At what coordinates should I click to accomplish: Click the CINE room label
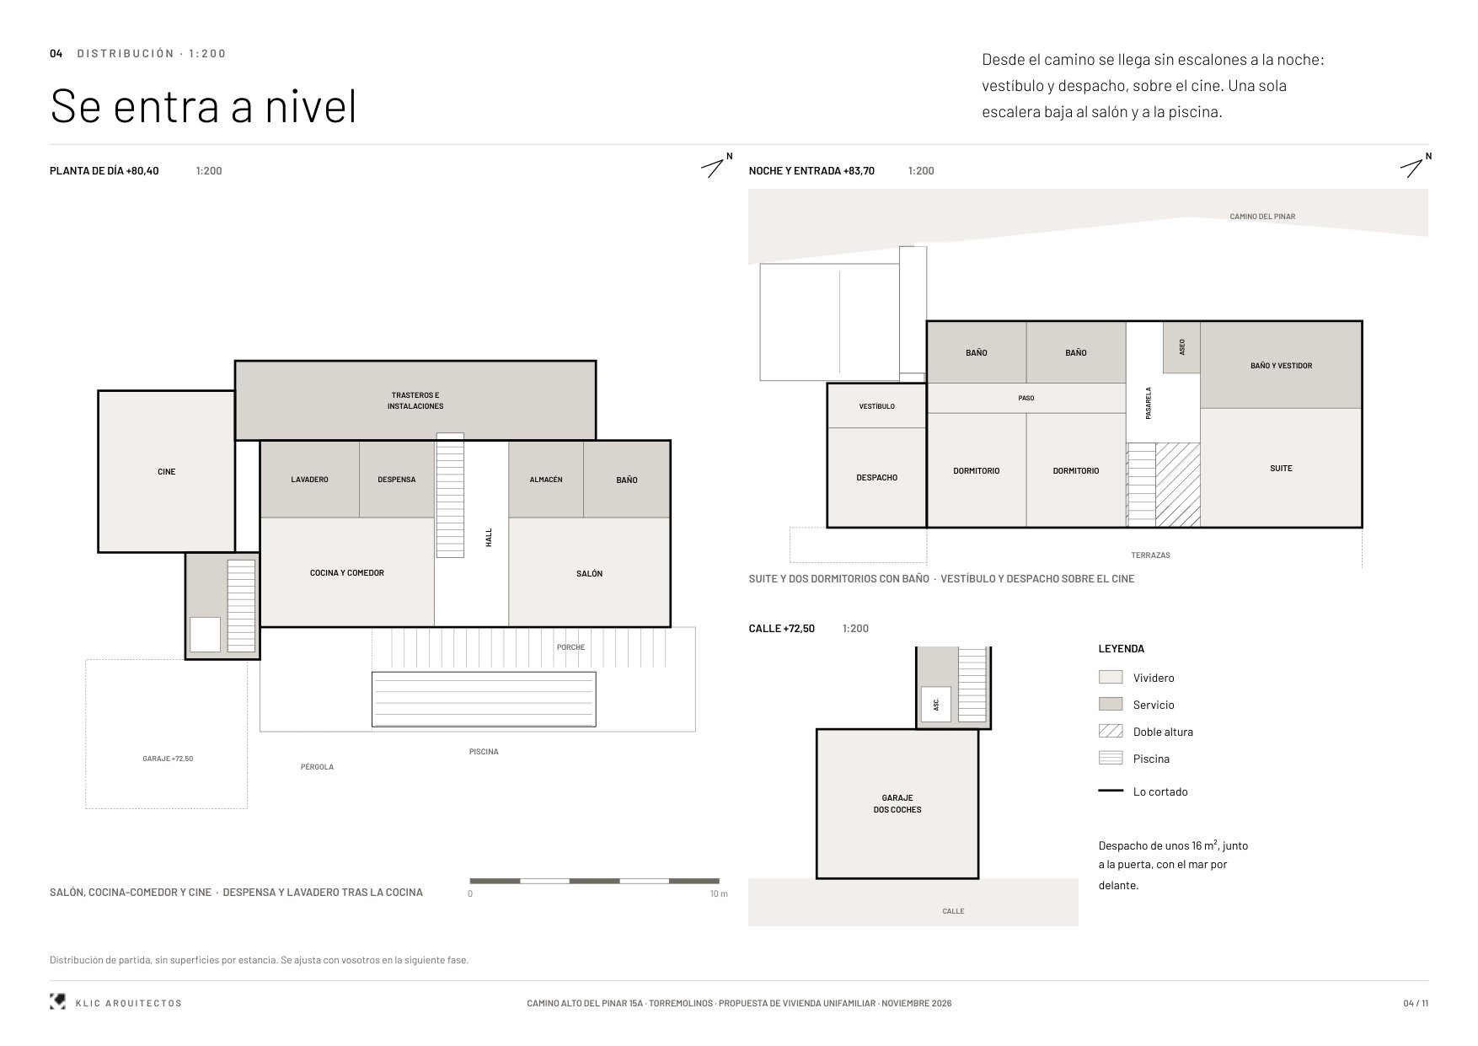[167, 472]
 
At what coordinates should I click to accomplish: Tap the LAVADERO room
[310, 480]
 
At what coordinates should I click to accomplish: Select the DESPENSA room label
[397, 480]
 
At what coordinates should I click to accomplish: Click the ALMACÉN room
[546, 480]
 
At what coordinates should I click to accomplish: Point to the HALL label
[489, 538]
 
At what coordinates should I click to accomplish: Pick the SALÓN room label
[590, 574]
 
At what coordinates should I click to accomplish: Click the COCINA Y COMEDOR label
[347, 573]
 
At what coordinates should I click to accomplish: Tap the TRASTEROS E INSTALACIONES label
[415, 400]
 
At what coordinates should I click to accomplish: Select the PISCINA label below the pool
[484, 752]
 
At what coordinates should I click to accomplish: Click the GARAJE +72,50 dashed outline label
[168, 759]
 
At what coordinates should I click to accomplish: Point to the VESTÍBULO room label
[877, 406]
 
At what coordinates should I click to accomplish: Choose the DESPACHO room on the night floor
[877, 477]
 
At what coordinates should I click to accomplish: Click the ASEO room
[1181, 347]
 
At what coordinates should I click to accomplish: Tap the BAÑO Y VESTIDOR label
[1282, 366]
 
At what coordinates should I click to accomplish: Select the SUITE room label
[1282, 469]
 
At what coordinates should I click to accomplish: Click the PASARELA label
[1149, 404]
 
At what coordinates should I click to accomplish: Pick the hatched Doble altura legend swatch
[1111, 732]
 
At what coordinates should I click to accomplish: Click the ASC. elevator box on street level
[936, 705]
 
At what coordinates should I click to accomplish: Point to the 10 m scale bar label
[719, 894]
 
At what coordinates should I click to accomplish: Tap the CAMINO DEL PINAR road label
[1262, 217]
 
